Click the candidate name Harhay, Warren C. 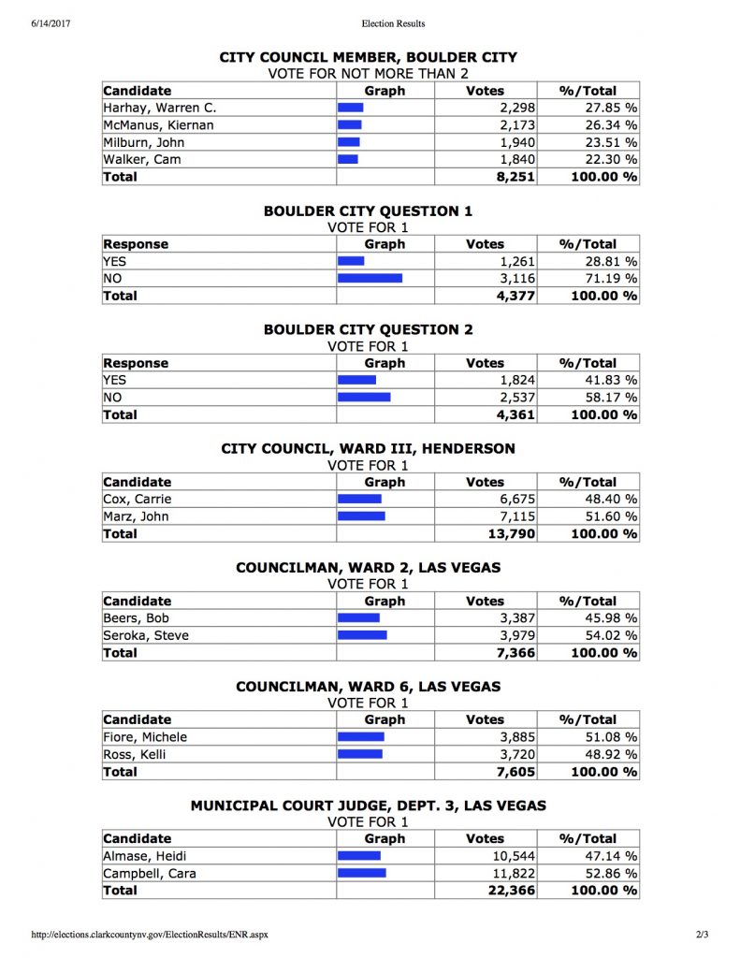(159, 109)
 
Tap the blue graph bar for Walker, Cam (348, 160)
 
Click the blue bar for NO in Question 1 (370, 279)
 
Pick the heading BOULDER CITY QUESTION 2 (368, 329)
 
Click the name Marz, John (136, 516)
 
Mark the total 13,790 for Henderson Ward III (509, 534)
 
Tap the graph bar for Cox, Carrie (359, 500)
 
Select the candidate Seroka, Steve (146, 635)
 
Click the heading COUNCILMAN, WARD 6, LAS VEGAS (368, 686)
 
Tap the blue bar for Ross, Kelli (359, 754)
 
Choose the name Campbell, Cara (150, 873)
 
